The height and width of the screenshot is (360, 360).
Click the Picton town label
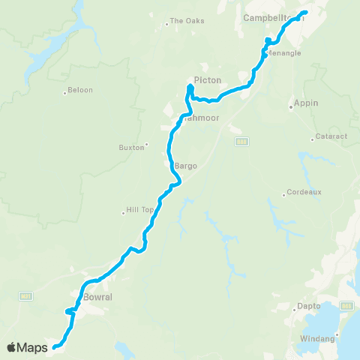pos(207,79)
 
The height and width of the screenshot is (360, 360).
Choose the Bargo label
pos(186,166)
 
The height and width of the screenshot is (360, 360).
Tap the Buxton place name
pos(131,147)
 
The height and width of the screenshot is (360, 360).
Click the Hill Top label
pos(137,211)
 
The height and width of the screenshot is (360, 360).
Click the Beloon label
pos(81,91)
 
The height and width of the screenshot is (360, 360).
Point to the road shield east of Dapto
pos(346,306)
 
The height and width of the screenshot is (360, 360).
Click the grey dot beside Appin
pos(291,107)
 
